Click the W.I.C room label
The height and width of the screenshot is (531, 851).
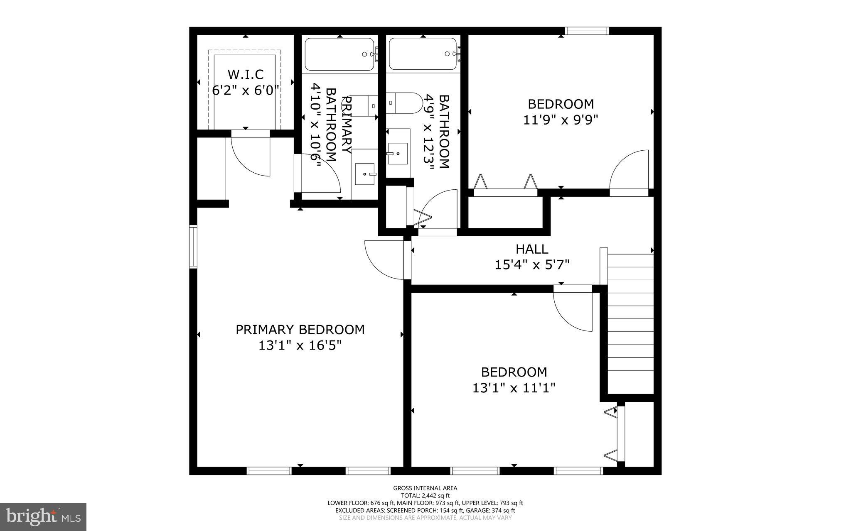pos(245,74)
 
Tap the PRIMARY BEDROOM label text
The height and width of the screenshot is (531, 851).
pos(300,330)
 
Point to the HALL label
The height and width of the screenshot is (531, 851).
pos(532,249)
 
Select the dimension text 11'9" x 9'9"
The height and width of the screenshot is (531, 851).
pos(561,120)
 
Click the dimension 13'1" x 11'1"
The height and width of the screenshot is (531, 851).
pos(514,388)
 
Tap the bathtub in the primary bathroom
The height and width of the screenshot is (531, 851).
pos(339,54)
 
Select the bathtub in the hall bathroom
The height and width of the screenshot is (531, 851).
pos(423,54)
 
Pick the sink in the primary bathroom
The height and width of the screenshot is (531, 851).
pos(365,174)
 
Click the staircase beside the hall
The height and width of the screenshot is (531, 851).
pos(630,324)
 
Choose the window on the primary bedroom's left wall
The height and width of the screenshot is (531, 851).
pos(193,247)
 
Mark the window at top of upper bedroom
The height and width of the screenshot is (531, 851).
pos(587,31)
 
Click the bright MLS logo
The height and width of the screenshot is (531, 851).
pos(43,516)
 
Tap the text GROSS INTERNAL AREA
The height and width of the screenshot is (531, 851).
pos(425,488)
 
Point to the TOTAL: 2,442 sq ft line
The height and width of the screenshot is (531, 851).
pos(425,495)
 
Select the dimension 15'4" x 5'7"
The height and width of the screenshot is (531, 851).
pos(532,265)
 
